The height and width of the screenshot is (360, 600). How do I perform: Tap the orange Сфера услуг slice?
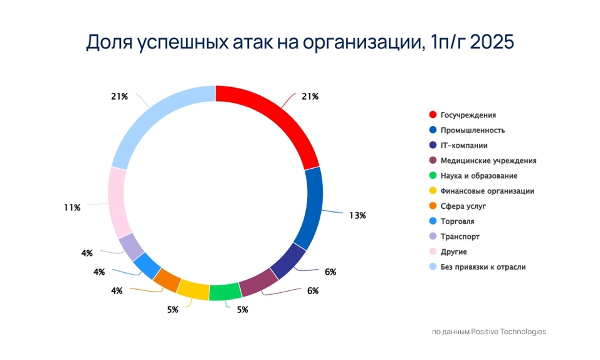click(167, 280)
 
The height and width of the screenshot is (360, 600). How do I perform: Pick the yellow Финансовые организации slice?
click(193, 289)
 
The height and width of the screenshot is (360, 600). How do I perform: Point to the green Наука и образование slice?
click(225, 292)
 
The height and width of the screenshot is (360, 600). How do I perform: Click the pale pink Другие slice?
click(118, 201)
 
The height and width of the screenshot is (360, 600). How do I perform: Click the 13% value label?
click(357, 215)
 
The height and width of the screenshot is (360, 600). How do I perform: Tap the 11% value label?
click(72, 208)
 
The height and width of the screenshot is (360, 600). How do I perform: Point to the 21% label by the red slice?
click(310, 97)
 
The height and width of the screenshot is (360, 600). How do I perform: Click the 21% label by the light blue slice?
click(119, 97)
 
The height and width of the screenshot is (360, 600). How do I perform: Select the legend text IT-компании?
click(464, 146)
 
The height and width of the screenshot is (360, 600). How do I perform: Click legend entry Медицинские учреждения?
click(488, 161)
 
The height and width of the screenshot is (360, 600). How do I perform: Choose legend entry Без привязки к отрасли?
click(483, 267)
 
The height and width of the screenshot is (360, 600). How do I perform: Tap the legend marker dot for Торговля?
click(433, 221)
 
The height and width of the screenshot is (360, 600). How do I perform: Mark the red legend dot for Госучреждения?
click(433, 115)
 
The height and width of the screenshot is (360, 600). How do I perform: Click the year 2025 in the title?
click(492, 42)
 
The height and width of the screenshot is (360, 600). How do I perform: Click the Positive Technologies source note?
click(489, 332)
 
